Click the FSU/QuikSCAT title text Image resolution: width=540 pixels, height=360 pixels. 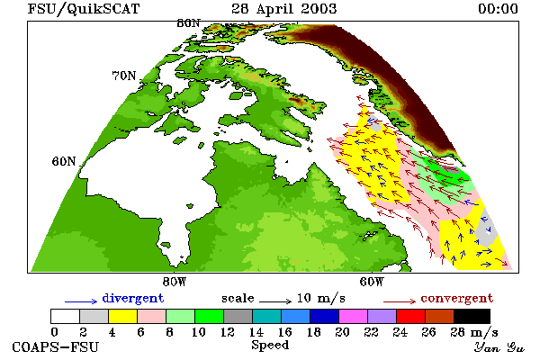coord(84,9)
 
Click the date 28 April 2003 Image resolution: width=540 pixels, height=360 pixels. coord(283,9)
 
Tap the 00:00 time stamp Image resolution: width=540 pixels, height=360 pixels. coord(498,9)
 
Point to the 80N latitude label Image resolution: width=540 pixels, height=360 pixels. coord(188,23)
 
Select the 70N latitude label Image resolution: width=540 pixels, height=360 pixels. coord(124,76)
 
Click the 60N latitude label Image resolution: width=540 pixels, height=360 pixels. coord(64,161)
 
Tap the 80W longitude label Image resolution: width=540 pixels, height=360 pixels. coord(175,282)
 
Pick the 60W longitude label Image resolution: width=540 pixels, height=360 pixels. coord(372,282)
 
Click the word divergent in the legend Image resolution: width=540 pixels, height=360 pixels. coord(133,298)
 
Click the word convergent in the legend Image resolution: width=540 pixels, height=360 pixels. coord(457,298)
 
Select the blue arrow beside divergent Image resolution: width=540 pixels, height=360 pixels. coord(81,301)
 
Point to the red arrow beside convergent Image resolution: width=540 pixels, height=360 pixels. coord(400,301)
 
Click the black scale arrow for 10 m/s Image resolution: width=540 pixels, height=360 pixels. coord(275,301)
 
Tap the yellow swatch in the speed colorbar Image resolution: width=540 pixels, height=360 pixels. coord(122,316)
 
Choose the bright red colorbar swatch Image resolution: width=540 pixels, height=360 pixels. coord(410,316)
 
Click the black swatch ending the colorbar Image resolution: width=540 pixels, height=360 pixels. coord(472,316)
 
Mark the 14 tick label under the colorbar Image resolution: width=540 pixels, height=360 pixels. coord(256,332)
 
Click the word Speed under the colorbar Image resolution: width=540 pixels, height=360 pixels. coord(270,346)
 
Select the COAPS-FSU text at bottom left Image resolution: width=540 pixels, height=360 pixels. coord(56,347)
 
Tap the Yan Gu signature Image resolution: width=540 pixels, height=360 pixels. coord(499,347)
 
